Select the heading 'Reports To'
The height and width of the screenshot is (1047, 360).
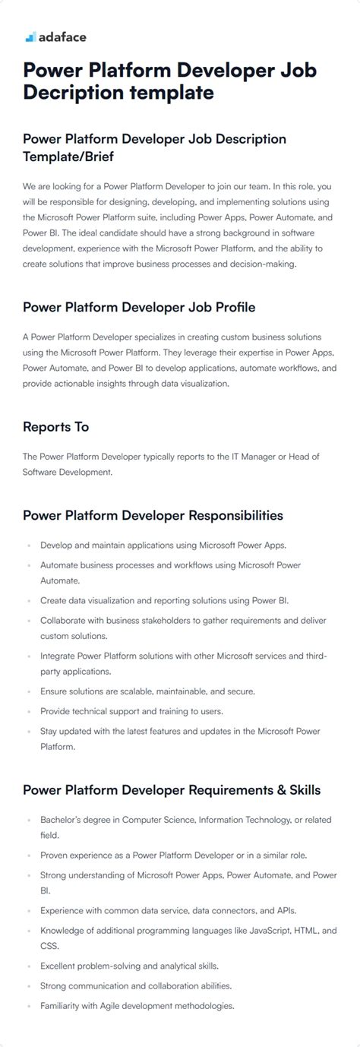(55, 427)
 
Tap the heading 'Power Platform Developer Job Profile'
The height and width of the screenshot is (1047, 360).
(139, 307)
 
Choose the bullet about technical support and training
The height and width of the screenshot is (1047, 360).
(131, 711)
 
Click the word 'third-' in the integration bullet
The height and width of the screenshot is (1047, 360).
(313, 655)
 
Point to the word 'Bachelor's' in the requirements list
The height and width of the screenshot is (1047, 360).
(64, 820)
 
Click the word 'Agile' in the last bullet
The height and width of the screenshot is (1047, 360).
(103, 1006)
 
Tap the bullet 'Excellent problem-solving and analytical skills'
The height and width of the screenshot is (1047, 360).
(129, 966)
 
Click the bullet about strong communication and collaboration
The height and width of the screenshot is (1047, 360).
(136, 985)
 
